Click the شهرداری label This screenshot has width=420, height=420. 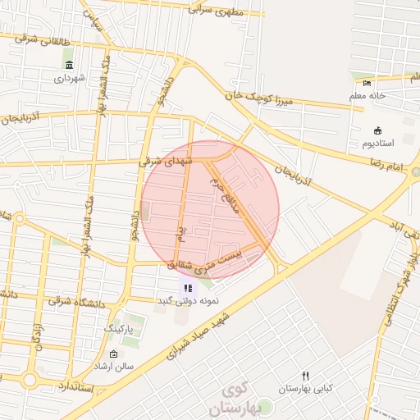69,79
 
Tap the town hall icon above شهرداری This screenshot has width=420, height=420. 69,66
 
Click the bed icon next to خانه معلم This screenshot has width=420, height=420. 367,82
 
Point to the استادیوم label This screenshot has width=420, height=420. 377,144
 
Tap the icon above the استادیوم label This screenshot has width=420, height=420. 377,130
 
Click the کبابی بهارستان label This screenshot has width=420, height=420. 305,388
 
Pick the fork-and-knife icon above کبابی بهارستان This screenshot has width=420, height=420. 305,375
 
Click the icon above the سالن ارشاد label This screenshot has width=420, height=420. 113,354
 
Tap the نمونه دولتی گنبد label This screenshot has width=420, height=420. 189,301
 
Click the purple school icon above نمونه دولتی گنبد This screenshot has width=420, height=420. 188,288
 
